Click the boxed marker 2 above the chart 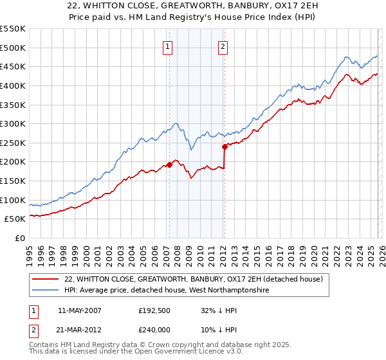click(x=223, y=46)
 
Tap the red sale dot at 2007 click(x=169, y=165)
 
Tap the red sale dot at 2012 click(x=225, y=146)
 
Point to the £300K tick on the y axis click(x=13, y=123)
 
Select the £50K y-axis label click(x=15, y=219)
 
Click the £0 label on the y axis click(x=21, y=238)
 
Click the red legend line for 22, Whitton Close click(x=46, y=279)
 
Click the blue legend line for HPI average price click(x=46, y=291)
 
